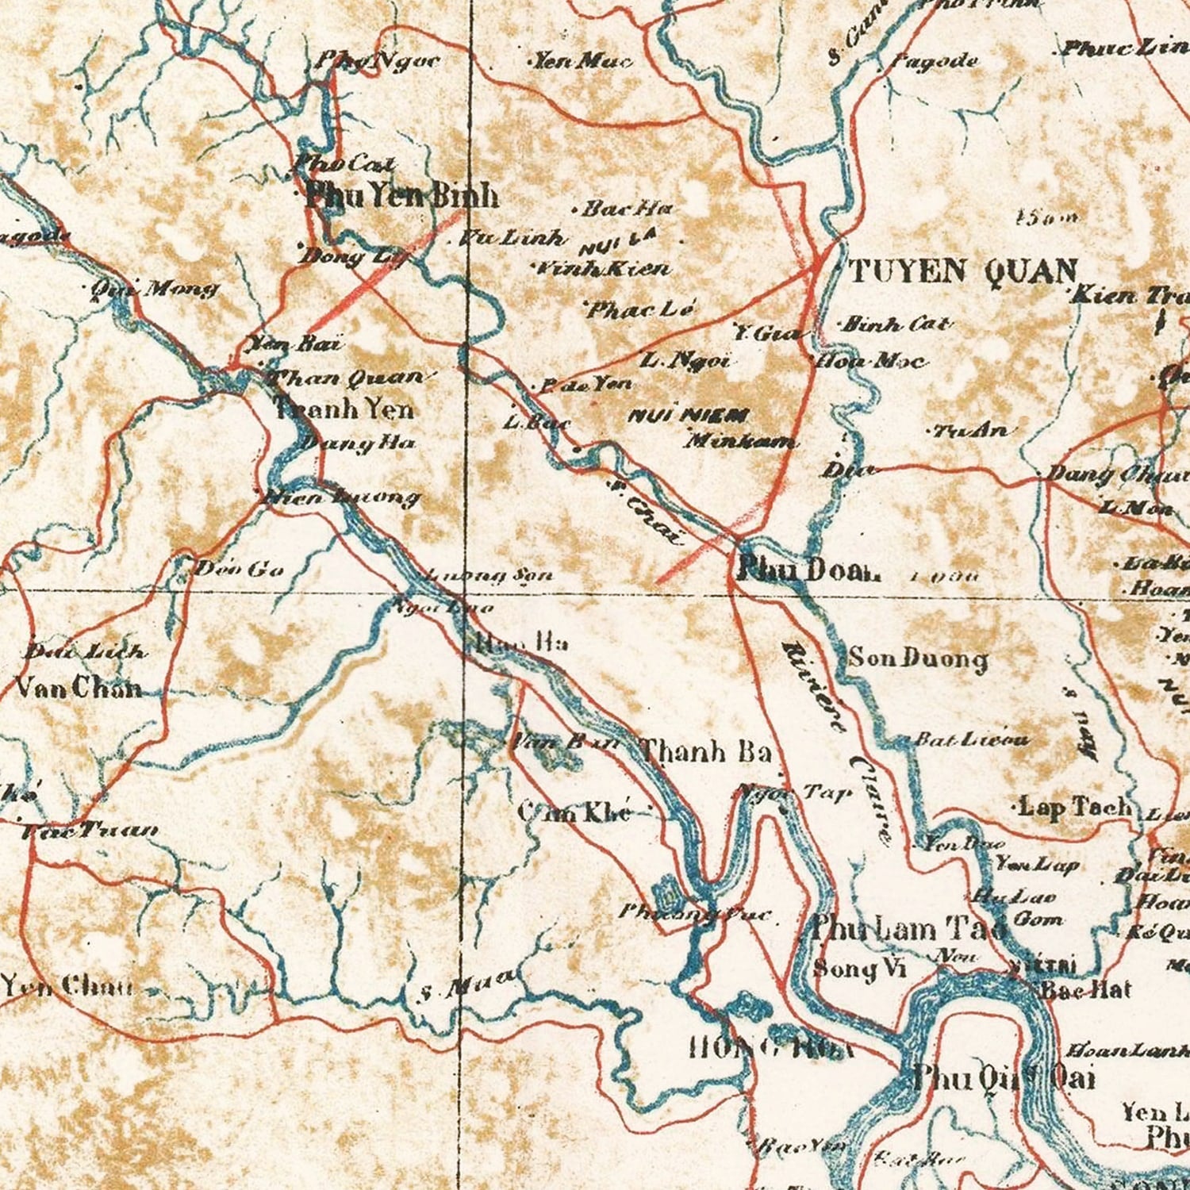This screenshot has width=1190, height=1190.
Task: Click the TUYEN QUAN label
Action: [x=962, y=272]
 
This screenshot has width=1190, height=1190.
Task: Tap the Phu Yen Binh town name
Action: [x=401, y=196]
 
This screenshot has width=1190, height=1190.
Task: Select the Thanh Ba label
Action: [x=704, y=750]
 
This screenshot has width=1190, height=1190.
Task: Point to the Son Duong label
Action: [x=918, y=658]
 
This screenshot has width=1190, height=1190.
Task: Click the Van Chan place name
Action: [x=79, y=687]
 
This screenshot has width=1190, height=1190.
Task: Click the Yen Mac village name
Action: [x=582, y=60]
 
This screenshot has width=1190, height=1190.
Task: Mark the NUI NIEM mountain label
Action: [x=689, y=415]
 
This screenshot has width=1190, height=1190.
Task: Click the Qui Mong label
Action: [x=154, y=288]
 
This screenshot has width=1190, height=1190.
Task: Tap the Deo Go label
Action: [x=238, y=568]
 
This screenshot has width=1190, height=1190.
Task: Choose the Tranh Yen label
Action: [x=344, y=409]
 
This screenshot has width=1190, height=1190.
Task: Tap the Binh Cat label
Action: [x=895, y=324]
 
